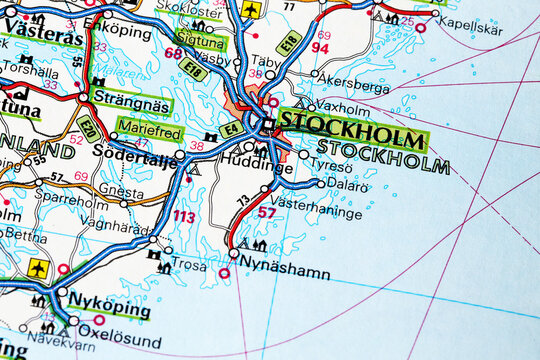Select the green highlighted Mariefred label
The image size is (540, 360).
[149, 127]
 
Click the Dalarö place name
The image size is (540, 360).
[347, 186]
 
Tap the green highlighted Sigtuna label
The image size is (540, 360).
[200, 43]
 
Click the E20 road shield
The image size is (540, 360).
[88, 127]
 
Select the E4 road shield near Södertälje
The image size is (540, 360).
[231, 128]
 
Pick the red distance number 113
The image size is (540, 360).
[184, 216]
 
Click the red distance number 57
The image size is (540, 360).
[266, 212]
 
